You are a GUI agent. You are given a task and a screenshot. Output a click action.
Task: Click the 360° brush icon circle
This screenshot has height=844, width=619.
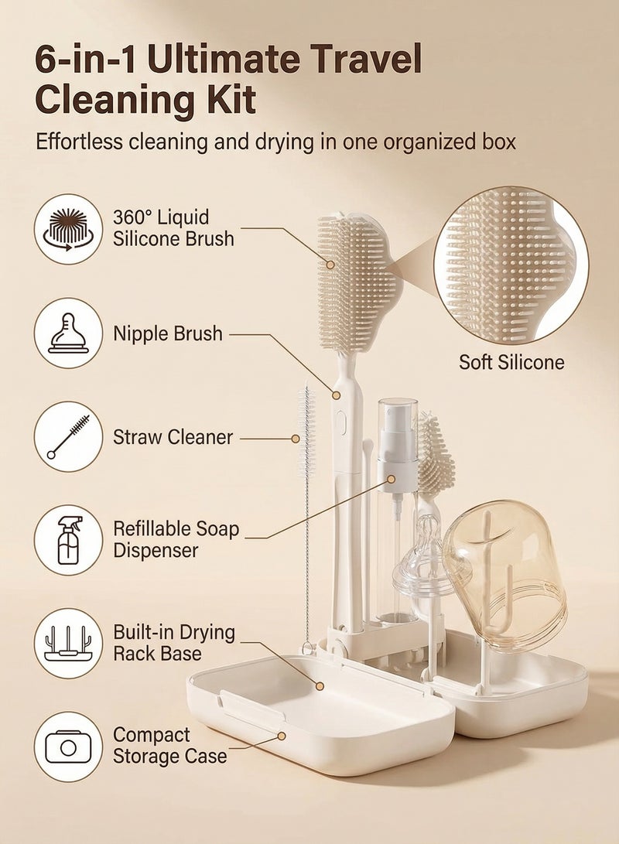tap(68, 229)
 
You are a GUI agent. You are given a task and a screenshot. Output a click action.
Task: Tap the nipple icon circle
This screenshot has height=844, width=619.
tap(68, 333)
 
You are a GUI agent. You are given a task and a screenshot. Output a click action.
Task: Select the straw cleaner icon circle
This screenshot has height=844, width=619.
tap(68, 436)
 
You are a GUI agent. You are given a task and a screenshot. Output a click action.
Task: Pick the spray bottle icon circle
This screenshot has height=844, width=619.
tap(68, 539)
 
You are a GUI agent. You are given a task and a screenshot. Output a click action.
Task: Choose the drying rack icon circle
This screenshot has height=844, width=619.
tap(68, 643)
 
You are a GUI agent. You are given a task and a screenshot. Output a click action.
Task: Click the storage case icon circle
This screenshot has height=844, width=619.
tap(68, 746)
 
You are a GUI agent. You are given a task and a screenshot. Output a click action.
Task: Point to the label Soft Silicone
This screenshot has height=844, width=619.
tap(511, 362)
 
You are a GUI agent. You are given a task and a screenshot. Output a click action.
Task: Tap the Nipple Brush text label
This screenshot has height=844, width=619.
tap(168, 334)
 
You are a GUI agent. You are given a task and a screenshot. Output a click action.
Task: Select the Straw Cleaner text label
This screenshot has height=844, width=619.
tap(173, 437)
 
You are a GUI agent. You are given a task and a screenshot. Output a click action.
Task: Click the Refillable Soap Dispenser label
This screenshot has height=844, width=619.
tap(176, 540)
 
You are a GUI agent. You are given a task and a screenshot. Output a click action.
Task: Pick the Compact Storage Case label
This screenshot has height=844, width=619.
tap(170, 745)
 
